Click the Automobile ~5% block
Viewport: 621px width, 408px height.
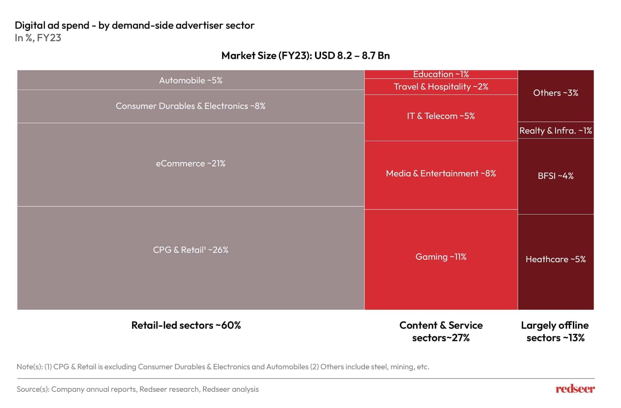pos(191,81)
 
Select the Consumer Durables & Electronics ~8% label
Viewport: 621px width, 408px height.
pos(191,106)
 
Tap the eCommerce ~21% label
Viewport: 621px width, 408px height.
pos(191,164)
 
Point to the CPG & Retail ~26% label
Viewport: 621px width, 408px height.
pos(191,250)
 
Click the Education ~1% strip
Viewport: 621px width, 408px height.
pos(441,74)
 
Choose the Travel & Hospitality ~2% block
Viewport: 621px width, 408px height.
pos(441,87)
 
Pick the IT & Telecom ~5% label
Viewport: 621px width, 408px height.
pos(441,116)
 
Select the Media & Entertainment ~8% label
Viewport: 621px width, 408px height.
pos(441,174)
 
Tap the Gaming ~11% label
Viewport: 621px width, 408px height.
pos(441,257)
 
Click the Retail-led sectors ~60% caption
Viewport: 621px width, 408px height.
pos(186,325)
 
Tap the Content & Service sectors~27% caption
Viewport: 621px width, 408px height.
pos(441,332)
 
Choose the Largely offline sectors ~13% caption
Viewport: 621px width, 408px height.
pos(555,332)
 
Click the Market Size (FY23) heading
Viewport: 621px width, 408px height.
pos(305,56)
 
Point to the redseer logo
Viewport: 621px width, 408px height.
pos(575,389)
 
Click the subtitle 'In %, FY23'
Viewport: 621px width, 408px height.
pos(38,38)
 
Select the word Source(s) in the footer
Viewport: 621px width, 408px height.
pos(33,389)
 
